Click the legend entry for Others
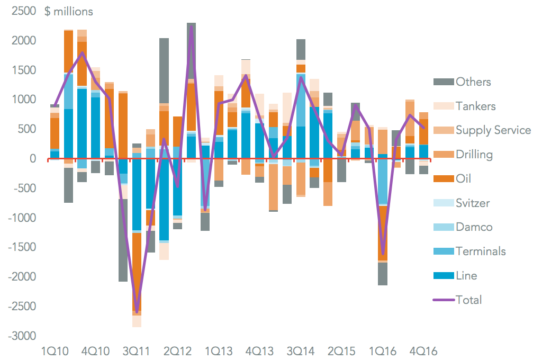473,82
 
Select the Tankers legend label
476,106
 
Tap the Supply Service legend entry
493,130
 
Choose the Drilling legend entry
474,155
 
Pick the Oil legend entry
463,179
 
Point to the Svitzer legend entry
473,203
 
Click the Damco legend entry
474,227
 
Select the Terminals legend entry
481,251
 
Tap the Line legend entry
466,276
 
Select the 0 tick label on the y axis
32,159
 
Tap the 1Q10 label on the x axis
56,350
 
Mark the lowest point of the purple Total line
137,312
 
